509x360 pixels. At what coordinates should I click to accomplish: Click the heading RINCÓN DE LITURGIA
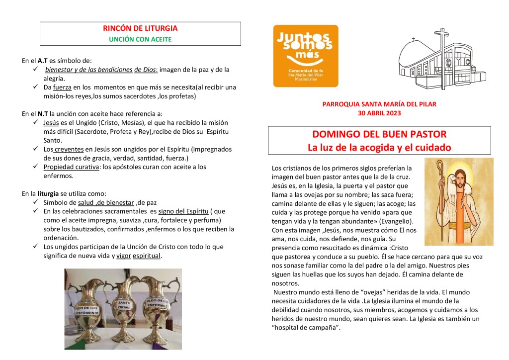[x=140, y=29]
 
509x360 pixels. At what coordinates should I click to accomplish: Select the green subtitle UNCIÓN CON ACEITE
[x=140, y=39]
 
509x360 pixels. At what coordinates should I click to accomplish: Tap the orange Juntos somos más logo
[x=306, y=56]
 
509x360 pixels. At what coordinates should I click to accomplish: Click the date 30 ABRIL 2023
[x=379, y=113]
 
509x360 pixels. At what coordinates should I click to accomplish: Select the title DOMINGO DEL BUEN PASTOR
[x=379, y=134]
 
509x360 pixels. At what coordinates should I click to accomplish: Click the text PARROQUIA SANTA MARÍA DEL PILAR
[x=379, y=104]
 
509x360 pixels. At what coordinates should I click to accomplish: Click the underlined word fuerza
[x=63, y=88]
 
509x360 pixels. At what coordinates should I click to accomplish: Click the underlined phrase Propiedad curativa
[x=72, y=167]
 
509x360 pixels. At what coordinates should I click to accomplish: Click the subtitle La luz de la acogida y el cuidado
[x=379, y=148]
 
